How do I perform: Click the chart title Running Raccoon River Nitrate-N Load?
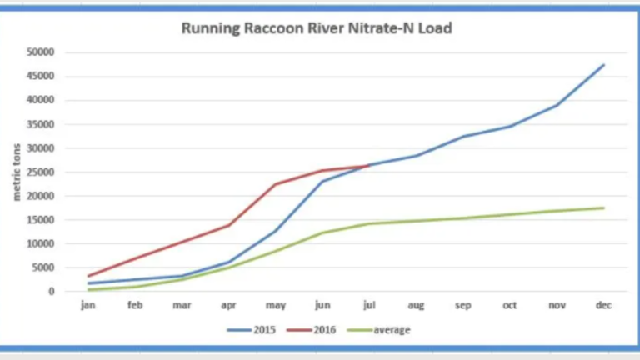click(318, 28)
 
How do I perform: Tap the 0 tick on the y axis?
click(51, 292)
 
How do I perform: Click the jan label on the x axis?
click(89, 305)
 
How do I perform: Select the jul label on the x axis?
click(370, 305)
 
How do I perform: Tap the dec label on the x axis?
click(603, 305)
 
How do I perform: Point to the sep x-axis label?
click(463, 305)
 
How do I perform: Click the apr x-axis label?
click(229, 305)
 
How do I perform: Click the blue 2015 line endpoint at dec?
click(603, 64)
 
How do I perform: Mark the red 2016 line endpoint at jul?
click(369, 165)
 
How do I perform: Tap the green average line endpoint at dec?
click(603, 207)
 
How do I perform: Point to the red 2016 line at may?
click(276, 184)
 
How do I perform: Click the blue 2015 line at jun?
click(322, 181)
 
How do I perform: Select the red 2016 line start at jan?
click(89, 276)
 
